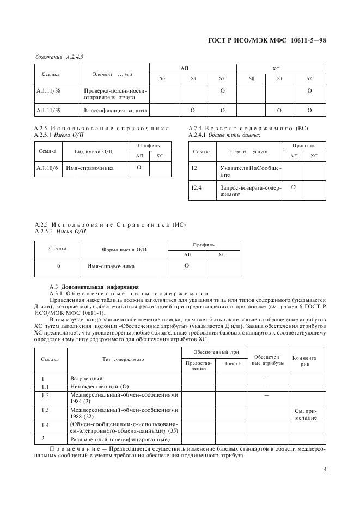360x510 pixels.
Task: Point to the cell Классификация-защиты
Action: [115, 111]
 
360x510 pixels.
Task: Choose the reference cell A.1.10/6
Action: [46, 169]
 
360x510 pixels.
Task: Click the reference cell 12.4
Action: [197, 187]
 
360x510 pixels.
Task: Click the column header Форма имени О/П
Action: [124, 249]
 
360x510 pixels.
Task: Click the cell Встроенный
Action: [87, 378]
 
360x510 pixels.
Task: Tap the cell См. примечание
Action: [306, 414]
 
